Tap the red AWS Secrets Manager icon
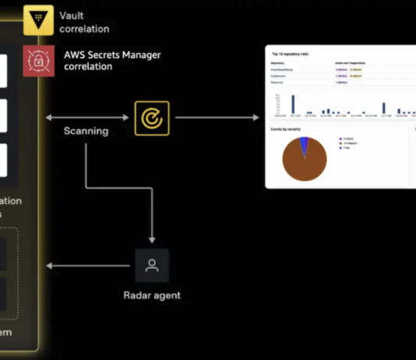point(38,61)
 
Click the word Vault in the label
point(72,15)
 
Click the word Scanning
point(86,131)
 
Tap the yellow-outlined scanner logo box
point(152,118)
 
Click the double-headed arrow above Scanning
point(86,118)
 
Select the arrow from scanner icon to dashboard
point(217,118)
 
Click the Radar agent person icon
point(152,266)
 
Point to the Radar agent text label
point(152,295)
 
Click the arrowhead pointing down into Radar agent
point(152,238)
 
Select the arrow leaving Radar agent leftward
point(86,266)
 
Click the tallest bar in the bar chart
point(293,104)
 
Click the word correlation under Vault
point(84,29)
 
